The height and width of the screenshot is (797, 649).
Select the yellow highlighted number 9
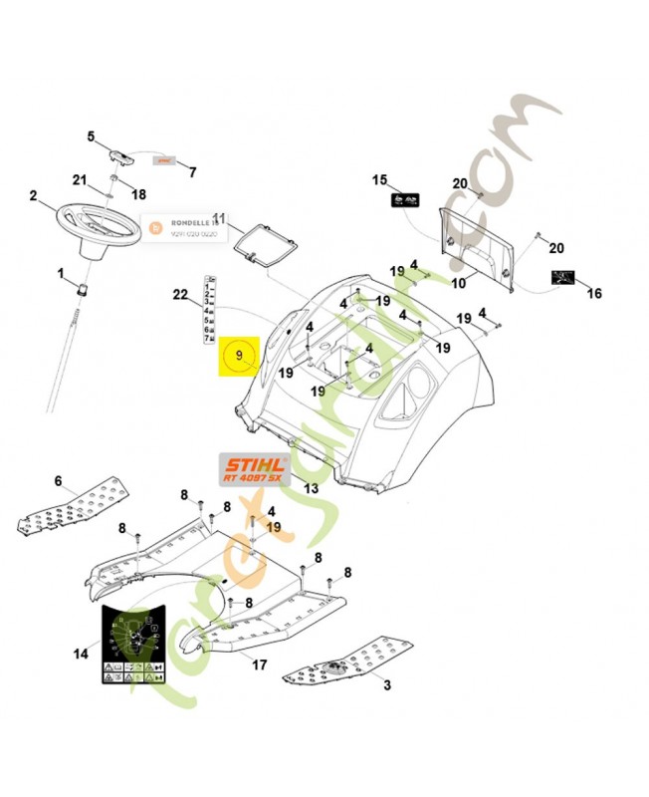[238, 355]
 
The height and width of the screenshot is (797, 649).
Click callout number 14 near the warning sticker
[80, 655]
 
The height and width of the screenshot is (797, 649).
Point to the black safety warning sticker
[130, 645]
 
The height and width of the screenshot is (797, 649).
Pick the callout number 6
[58, 481]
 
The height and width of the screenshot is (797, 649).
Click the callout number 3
[386, 684]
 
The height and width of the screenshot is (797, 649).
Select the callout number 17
[259, 664]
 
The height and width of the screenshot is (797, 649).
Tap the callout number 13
[312, 488]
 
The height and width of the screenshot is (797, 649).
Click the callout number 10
[458, 283]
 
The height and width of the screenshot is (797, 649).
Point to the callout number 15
[379, 179]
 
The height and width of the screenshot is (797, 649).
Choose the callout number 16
[593, 293]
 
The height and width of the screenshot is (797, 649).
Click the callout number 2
[34, 196]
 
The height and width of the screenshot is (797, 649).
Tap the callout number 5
[91, 136]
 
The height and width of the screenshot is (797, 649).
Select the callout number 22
[180, 294]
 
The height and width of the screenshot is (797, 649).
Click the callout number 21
[80, 179]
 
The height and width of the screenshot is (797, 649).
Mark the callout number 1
[60, 272]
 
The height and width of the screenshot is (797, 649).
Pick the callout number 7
[192, 171]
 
